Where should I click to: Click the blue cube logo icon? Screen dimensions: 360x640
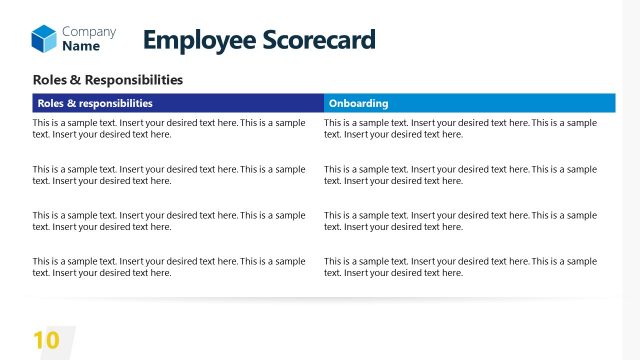pos(44,39)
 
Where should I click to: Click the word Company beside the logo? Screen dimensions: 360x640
pos(88,32)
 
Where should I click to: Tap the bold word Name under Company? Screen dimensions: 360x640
pos(80,46)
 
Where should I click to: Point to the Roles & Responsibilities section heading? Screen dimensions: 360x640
pos(108,79)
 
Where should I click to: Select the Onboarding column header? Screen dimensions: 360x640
pos(468,103)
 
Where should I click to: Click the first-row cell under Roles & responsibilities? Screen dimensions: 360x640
pos(170,128)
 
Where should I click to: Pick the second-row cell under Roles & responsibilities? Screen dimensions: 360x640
pos(170,175)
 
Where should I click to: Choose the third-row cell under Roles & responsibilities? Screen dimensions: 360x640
pos(170,221)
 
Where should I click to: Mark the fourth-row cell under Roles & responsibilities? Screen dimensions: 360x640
pos(170,266)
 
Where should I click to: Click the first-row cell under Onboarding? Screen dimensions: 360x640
pos(461,128)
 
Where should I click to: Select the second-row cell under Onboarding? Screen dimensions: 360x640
pos(461,175)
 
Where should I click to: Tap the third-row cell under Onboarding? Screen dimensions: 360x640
pos(461,221)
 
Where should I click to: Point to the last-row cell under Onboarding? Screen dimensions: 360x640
pos(461,266)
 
